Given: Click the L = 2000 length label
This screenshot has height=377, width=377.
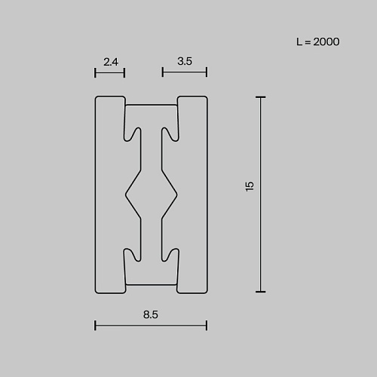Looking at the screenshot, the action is [318, 41].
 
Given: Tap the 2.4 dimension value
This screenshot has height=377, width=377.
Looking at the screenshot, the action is [111, 62].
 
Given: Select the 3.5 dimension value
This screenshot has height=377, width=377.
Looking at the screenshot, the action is [185, 61].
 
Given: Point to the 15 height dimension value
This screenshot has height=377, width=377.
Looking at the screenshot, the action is [250, 186].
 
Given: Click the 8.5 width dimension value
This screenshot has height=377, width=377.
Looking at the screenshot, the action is [151, 314].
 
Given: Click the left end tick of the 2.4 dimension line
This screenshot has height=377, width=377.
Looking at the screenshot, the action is [95, 73].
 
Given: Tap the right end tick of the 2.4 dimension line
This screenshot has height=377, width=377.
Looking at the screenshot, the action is [124, 73].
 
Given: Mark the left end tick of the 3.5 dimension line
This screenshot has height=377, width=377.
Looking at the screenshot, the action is [163, 72].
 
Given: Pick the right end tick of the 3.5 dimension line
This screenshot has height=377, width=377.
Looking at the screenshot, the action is [207, 72].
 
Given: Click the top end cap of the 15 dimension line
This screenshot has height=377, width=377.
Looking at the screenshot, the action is [261, 97].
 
